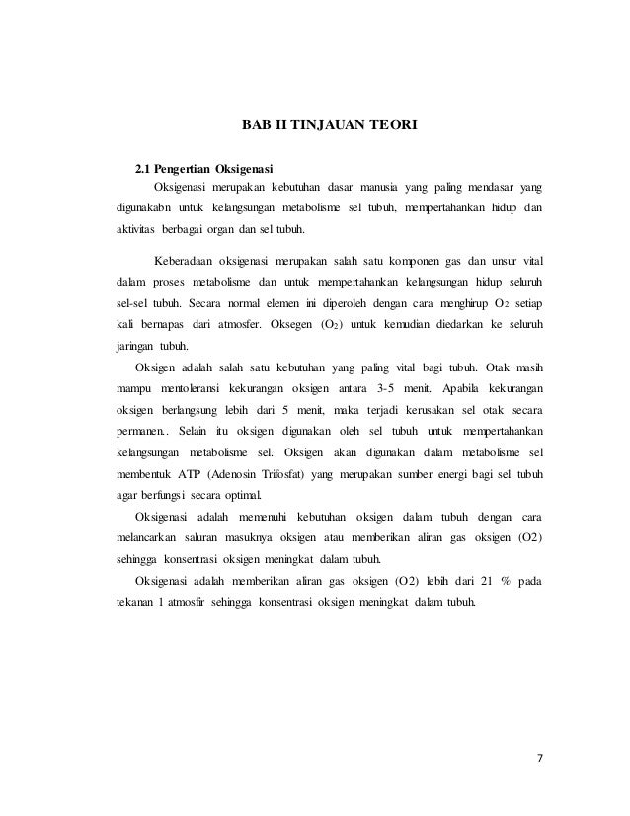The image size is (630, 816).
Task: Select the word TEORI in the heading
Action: [x=394, y=126]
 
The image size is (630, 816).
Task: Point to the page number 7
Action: [x=541, y=759]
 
